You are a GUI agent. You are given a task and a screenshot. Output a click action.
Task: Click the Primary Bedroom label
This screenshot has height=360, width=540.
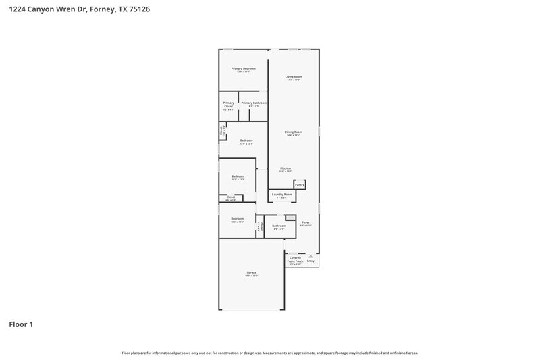[244, 69]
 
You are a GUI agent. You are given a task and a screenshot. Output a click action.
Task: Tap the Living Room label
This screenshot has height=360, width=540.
[293, 77]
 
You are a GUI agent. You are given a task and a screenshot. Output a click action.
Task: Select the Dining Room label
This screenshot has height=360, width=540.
[293, 132]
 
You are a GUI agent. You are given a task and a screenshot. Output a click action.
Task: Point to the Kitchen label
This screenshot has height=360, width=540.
[286, 168]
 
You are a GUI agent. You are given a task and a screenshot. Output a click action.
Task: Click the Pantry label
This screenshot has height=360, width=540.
[300, 184]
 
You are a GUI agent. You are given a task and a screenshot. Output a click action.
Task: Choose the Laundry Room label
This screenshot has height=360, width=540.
[282, 195]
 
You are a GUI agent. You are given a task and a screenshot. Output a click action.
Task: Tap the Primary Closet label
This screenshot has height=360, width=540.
[228, 105]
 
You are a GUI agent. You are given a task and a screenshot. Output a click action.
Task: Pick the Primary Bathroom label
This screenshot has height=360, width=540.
[254, 103]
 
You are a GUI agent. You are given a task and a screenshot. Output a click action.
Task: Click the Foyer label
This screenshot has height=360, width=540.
[306, 222]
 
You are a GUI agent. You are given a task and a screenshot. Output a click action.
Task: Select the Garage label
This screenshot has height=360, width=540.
[251, 273]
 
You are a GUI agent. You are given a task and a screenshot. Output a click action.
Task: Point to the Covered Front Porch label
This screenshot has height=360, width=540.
[296, 259]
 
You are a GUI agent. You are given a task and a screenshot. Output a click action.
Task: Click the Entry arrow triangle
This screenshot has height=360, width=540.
[311, 256]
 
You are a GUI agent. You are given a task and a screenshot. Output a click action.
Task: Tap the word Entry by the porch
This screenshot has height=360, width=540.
[310, 261]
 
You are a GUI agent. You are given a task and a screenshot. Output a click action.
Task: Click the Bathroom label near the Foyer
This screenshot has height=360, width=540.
[279, 226]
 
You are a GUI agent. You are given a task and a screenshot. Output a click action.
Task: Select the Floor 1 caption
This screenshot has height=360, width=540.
[21, 324]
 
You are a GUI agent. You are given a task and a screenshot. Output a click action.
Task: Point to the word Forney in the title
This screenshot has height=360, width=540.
[109, 9]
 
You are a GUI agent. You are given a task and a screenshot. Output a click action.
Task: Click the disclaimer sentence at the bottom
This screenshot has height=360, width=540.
[269, 353]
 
